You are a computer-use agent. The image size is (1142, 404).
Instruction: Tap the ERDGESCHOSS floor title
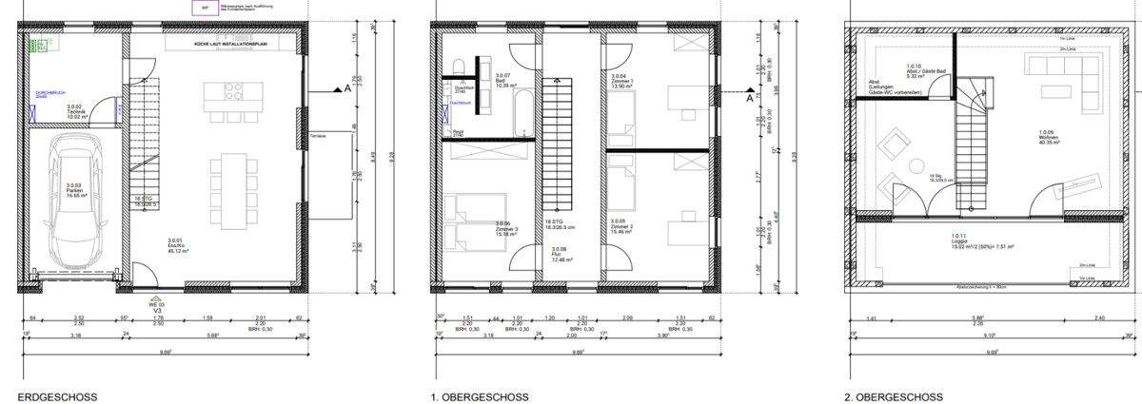click(57, 396)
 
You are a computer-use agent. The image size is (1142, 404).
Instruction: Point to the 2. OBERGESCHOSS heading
click(894, 396)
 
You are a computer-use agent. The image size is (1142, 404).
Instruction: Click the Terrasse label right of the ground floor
click(317, 136)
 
